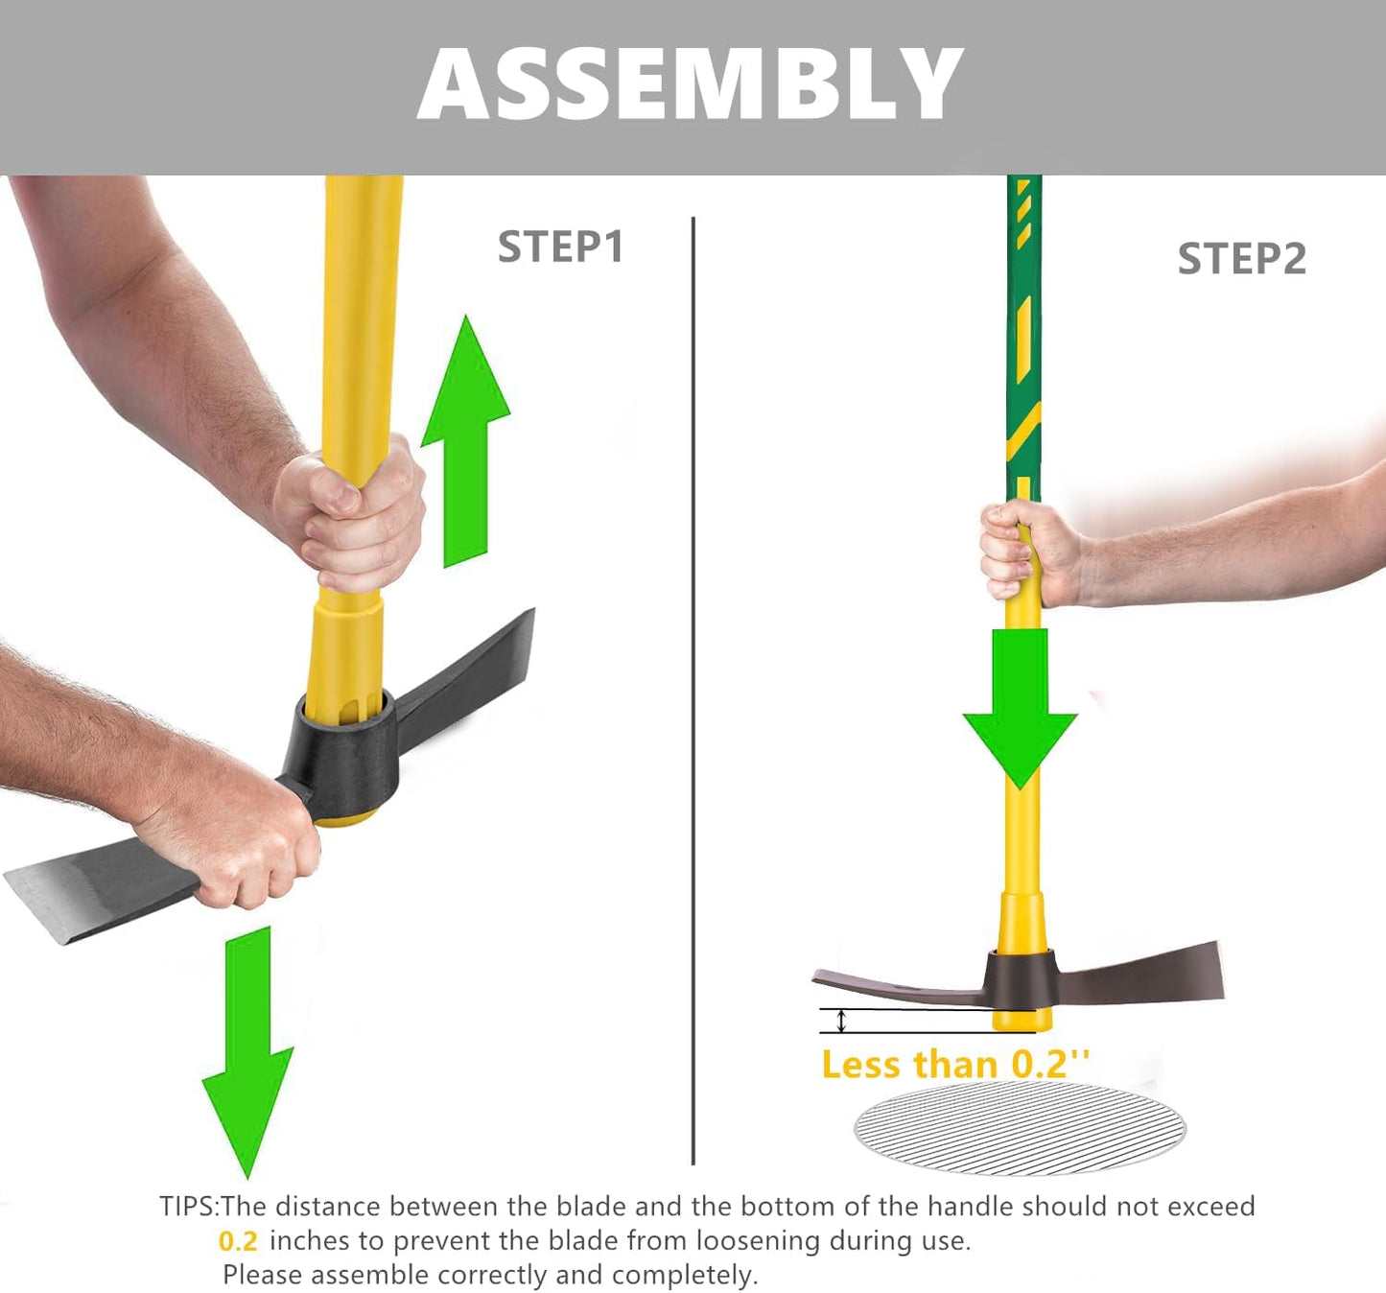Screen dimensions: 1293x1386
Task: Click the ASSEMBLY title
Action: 690,83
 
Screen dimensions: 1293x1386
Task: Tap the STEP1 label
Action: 560,247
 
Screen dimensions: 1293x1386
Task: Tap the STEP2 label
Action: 1241,259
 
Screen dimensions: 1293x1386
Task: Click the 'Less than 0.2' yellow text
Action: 955,1065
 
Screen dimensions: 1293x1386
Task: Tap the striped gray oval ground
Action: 1020,1128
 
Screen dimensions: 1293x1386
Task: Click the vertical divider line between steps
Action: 693,691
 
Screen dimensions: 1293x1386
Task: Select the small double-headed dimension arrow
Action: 841,1021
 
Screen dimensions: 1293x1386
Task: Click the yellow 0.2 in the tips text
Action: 238,1241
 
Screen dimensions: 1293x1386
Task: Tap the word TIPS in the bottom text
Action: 188,1207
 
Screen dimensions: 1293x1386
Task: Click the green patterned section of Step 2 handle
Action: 1023,336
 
